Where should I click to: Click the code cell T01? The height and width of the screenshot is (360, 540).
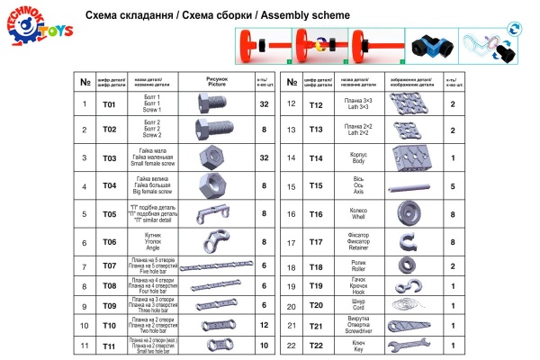pos(110,105)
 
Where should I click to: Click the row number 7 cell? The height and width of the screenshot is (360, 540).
pos(84,266)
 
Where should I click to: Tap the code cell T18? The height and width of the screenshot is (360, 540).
pos(316,267)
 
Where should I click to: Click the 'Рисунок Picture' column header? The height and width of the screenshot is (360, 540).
pos(213,82)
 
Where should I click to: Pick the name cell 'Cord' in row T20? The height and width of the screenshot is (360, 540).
pos(356,306)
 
